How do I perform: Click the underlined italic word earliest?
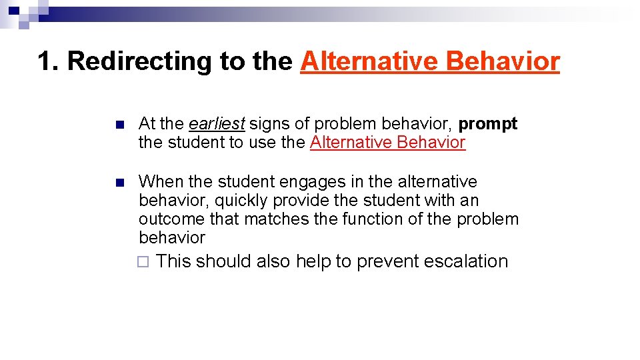[217, 124]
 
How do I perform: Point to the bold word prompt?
[488, 124]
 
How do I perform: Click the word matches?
[270, 219]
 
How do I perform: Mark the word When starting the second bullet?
[161, 181]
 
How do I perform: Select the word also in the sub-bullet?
[273, 261]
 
